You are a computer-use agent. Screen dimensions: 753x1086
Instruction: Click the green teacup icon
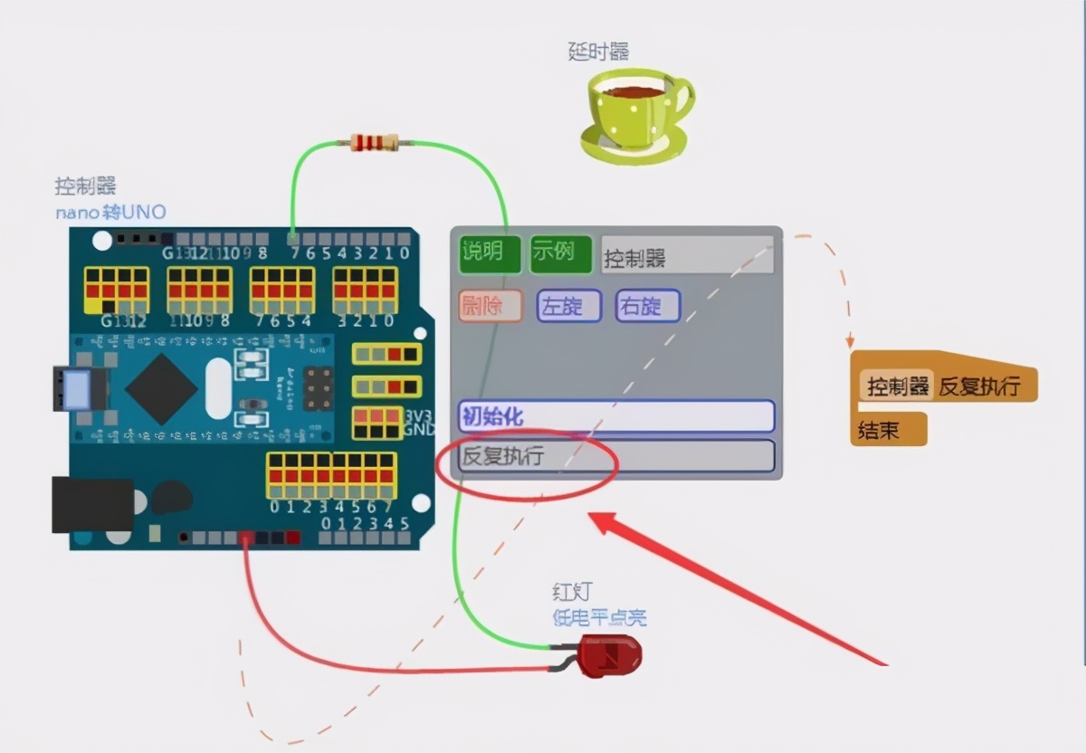click(637, 113)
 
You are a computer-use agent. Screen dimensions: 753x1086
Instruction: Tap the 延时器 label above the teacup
click(598, 52)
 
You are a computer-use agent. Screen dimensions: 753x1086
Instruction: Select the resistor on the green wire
click(374, 142)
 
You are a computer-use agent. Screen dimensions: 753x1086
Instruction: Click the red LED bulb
click(609, 655)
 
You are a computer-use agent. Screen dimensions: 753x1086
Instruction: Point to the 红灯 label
click(572, 592)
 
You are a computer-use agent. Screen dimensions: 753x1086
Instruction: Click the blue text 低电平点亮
click(600, 618)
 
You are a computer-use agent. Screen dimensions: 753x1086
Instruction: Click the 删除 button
click(491, 306)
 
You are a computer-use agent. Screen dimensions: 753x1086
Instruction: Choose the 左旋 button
click(568, 306)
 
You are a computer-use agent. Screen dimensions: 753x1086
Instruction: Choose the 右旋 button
click(647, 306)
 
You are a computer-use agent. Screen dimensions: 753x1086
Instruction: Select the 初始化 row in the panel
click(616, 416)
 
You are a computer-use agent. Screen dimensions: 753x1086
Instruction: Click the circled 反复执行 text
click(503, 456)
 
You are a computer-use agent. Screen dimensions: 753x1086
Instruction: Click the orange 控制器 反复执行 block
click(944, 386)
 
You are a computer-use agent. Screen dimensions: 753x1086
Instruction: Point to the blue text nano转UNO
click(110, 213)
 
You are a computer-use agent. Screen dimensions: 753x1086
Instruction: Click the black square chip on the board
click(161, 389)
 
